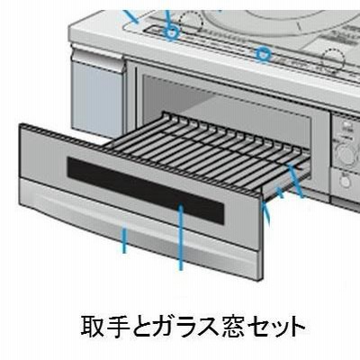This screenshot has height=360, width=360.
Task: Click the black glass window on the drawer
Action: click(x=146, y=191)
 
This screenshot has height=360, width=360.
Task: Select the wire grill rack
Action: click(x=207, y=151)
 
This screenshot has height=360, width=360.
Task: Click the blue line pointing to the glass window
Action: click(x=181, y=237)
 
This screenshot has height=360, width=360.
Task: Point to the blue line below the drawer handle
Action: click(x=125, y=240)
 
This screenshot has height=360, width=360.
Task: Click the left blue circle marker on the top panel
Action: click(x=171, y=32)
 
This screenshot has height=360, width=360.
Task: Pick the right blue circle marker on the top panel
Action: click(x=263, y=54)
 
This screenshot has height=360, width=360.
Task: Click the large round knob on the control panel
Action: click(x=346, y=154)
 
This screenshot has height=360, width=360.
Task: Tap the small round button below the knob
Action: click(x=346, y=181)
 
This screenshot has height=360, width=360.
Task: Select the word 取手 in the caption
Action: click(x=106, y=327)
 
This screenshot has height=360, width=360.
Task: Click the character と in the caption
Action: click(x=145, y=327)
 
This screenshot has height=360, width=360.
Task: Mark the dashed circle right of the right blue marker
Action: click(x=333, y=60)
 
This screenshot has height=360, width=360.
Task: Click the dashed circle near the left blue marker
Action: click(x=191, y=21)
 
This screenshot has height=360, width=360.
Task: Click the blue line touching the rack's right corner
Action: click(x=295, y=181)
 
